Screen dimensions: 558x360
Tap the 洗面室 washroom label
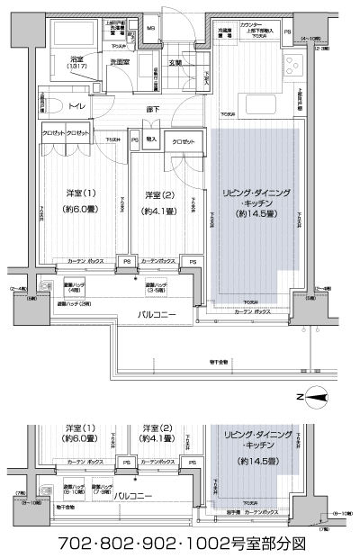(122, 62)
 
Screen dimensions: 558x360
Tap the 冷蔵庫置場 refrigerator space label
(223, 33)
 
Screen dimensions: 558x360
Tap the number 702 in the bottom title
(76, 544)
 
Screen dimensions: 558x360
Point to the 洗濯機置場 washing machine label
(121, 28)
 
